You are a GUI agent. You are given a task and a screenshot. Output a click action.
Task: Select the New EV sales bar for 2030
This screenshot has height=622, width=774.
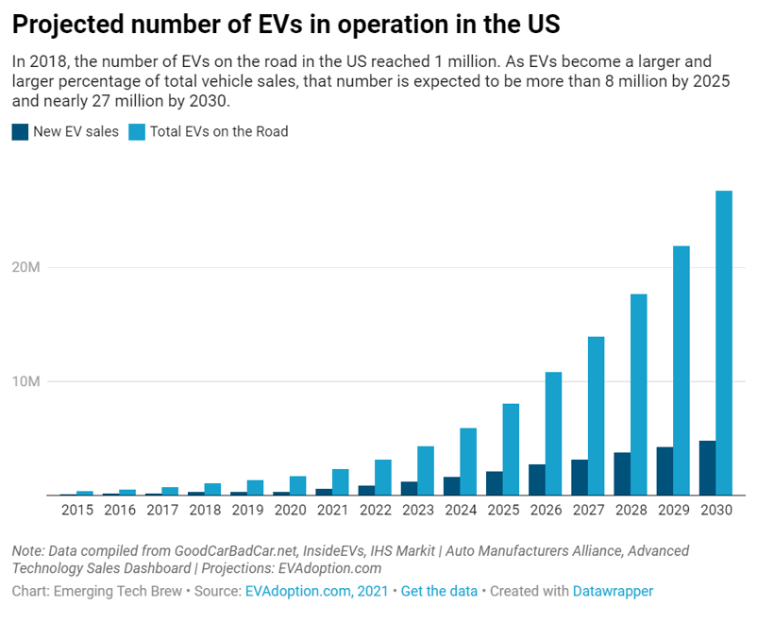click(707, 468)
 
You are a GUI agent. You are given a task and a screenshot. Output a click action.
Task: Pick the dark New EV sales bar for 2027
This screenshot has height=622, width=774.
click(579, 478)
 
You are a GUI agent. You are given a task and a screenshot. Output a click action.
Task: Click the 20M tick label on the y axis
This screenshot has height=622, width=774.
click(28, 268)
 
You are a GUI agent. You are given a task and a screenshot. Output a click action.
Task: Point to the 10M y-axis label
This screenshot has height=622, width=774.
click(28, 382)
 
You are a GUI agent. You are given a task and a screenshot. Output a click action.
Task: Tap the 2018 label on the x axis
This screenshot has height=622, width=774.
click(205, 511)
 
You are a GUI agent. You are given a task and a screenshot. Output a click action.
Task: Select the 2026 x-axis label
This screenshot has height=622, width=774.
click(545, 511)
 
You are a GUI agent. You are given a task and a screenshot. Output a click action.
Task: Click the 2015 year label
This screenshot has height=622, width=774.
click(76, 511)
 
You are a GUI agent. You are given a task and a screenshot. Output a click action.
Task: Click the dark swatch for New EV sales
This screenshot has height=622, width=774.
click(20, 132)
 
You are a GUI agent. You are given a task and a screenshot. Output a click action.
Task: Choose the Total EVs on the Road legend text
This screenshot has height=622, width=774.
click(219, 132)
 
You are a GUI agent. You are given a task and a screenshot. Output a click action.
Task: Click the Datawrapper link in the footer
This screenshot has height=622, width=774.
click(613, 591)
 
